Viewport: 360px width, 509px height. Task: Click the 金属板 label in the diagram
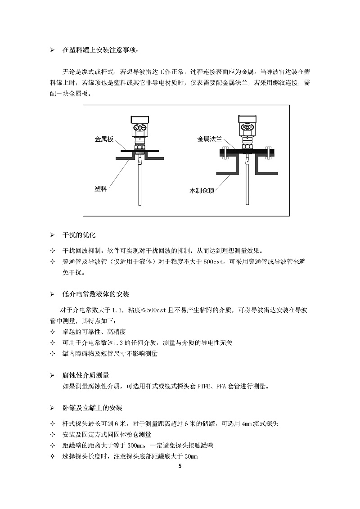pyautogui.click(x=104, y=140)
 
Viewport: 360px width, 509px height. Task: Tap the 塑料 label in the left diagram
pyautogui.click(x=100, y=189)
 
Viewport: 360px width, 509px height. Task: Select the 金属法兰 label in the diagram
pyautogui.click(x=210, y=140)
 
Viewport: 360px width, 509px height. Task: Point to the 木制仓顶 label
pyautogui.click(x=202, y=191)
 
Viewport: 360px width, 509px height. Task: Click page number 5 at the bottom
pyautogui.click(x=180, y=466)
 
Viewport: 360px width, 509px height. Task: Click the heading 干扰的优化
pyautogui.click(x=79, y=235)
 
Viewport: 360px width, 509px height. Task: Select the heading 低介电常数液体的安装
pyautogui.click(x=95, y=294)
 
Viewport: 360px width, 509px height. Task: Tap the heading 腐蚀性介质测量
pyautogui.click(x=85, y=375)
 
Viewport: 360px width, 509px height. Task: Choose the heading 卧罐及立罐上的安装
pyautogui.click(x=92, y=408)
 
